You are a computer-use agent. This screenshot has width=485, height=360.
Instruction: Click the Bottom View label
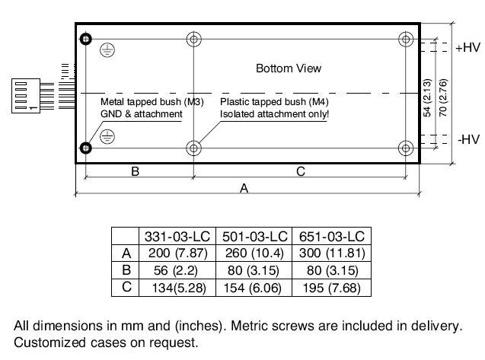click(289, 68)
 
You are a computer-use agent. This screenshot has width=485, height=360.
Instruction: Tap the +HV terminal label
click(467, 47)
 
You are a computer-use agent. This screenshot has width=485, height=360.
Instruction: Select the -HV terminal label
click(467, 139)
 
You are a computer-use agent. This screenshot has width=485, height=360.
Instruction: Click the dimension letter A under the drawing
click(244, 189)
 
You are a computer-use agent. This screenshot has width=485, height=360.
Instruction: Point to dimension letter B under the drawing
click(135, 172)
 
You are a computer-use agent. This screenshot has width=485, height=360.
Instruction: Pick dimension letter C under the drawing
click(301, 172)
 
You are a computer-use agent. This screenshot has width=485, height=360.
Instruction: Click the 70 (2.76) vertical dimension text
click(444, 94)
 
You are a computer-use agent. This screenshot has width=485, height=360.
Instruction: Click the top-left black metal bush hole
click(86, 39)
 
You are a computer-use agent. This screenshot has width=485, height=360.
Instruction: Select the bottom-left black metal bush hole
click(86, 148)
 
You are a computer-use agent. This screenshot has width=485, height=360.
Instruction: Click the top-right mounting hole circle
click(405, 39)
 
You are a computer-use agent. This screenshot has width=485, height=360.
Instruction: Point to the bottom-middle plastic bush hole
click(195, 148)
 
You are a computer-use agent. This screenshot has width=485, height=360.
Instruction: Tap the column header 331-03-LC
click(176, 236)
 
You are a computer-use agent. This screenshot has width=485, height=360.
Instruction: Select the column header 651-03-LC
click(332, 236)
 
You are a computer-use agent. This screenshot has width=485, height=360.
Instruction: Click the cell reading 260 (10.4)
click(254, 253)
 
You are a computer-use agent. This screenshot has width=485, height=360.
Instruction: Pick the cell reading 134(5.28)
click(176, 287)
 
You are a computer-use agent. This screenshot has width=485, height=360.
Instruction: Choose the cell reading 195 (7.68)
click(332, 287)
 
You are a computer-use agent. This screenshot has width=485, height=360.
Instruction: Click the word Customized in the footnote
click(44, 342)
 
